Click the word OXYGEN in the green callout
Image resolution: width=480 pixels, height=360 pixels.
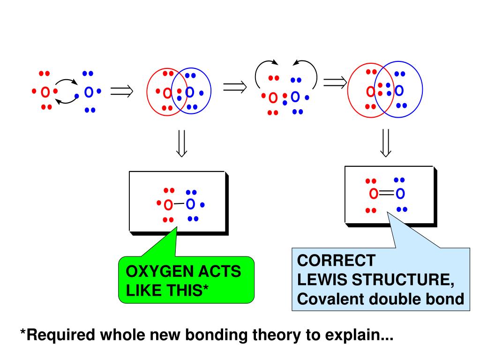[x=157, y=271]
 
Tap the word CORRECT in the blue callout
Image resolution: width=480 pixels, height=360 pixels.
[x=336, y=261]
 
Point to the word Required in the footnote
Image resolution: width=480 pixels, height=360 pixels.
[x=60, y=335]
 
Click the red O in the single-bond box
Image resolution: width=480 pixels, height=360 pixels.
[x=168, y=205]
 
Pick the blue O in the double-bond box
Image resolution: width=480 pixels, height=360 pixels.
[x=400, y=194]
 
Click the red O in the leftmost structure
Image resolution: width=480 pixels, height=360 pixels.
[x=45, y=92]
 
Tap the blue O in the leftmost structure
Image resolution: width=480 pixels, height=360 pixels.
[x=89, y=92]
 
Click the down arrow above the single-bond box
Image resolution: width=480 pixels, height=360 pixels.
[x=181, y=143]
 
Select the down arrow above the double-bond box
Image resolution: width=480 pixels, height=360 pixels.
[x=385, y=143]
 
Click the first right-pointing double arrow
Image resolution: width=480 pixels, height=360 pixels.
[x=122, y=91]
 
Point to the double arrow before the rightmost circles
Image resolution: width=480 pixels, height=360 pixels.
[x=335, y=82]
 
